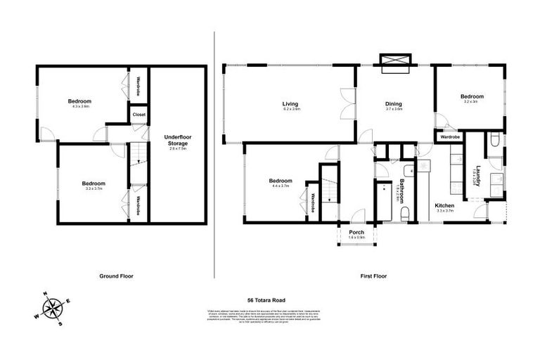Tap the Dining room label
coord(393,103)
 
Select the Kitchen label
coord(445,206)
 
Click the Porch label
coord(356,231)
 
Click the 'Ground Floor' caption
coord(117,276)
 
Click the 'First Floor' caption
coord(373,276)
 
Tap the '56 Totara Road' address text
coord(270,300)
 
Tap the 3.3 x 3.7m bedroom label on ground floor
coord(94,187)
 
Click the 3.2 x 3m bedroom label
coord(472,101)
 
